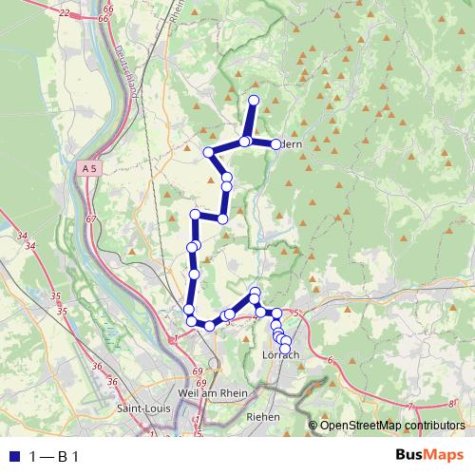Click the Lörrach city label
[280, 354]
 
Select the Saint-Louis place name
[140, 408]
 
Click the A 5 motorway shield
[89, 168]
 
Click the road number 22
[64, 12]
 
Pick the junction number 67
[91, 219]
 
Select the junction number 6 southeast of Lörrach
[330, 360]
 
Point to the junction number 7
[409, 405]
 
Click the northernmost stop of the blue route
[254, 101]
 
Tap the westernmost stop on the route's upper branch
[208, 153]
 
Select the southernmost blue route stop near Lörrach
[285, 349]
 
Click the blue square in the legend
[14, 456]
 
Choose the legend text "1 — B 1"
[54, 456]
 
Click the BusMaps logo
[429, 455]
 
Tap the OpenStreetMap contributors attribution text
[392, 426]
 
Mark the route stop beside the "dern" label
[275, 143]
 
